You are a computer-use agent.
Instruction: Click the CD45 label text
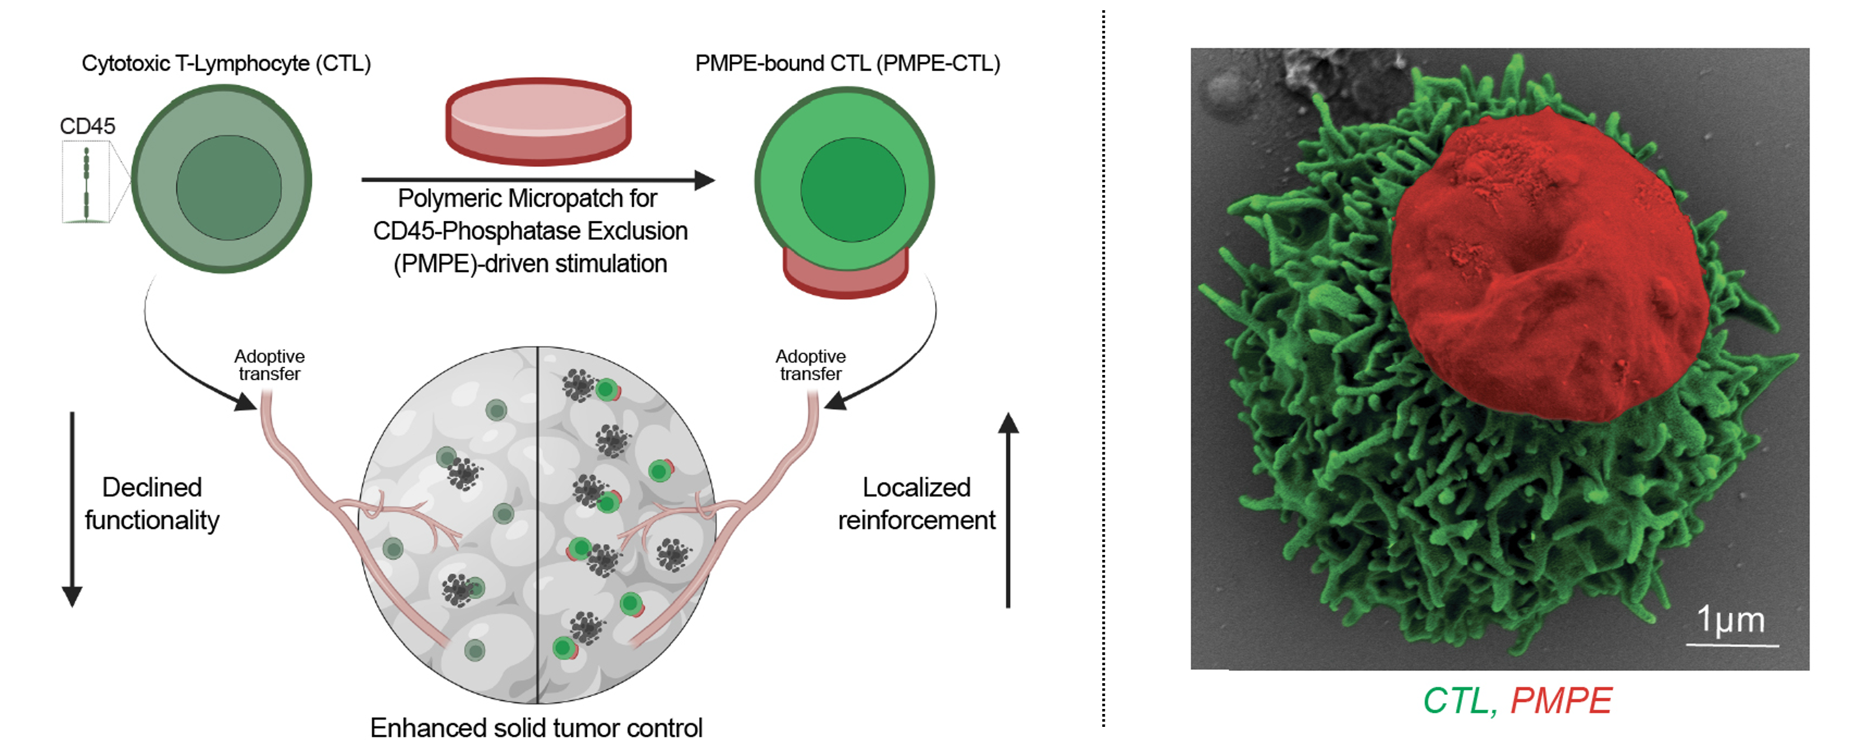click(x=87, y=126)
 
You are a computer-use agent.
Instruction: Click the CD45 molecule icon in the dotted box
click(x=87, y=183)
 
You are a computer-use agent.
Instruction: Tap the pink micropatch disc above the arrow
click(x=538, y=120)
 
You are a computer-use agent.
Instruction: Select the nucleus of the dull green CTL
click(x=229, y=187)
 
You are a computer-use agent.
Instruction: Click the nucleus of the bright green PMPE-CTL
click(x=853, y=189)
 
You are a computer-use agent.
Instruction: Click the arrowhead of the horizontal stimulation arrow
click(x=705, y=180)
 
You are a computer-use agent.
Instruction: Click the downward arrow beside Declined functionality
click(x=72, y=509)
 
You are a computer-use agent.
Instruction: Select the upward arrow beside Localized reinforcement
click(x=1009, y=509)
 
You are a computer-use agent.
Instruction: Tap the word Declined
click(x=152, y=487)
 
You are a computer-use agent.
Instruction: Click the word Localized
click(x=916, y=487)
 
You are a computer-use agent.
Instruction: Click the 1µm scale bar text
click(x=1730, y=619)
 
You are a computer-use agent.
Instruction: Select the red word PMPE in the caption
click(x=1561, y=701)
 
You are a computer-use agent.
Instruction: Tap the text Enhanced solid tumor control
click(x=536, y=727)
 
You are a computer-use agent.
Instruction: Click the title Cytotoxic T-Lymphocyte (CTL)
click(x=226, y=63)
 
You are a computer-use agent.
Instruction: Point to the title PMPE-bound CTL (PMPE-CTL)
click(x=847, y=63)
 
